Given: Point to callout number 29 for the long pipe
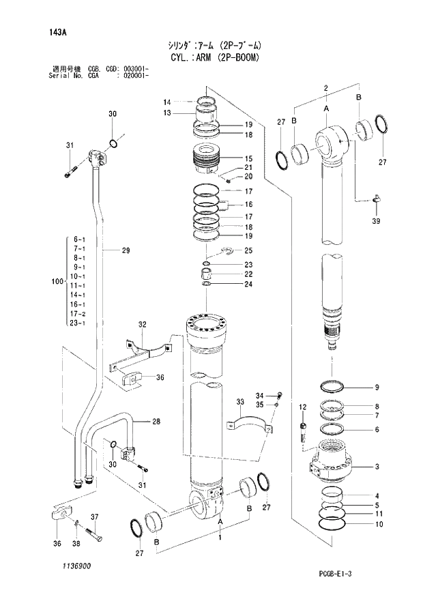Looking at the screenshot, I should [x=126, y=251].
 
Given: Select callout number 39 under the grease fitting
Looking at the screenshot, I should [x=376, y=222].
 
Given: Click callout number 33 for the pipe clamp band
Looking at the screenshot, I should [x=240, y=401].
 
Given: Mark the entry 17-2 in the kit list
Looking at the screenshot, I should [x=78, y=313].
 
